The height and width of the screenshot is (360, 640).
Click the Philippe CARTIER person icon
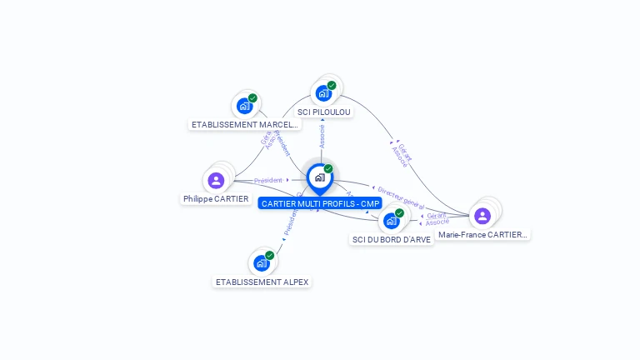tap(216, 180)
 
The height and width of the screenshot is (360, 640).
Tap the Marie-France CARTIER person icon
tap(482, 216)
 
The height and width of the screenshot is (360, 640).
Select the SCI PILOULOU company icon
tap(323, 93)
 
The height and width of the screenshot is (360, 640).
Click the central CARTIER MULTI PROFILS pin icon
tap(319, 177)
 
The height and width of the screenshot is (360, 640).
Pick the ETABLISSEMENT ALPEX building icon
tap(262, 263)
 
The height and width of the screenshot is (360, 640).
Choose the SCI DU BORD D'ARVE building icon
tap(391, 221)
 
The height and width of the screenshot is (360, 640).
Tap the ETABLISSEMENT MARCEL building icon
tap(244, 106)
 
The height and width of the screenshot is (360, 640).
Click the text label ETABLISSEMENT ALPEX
tap(262, 282)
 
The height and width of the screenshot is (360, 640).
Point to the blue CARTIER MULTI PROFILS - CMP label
tap(319, 203)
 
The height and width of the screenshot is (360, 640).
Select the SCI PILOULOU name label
tap(324, 112)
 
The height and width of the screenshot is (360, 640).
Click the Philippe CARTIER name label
tap(216, 199)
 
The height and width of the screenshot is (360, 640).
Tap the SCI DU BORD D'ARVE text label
tap(391, 239)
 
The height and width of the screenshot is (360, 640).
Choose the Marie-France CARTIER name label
tap(482, 235)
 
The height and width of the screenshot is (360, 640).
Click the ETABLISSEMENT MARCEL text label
tap(244, 125)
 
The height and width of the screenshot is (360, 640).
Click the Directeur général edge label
tap(400, 198)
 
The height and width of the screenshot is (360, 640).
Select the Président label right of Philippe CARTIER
tap(268, 180)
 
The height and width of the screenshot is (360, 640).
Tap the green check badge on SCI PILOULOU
tap(332, 85)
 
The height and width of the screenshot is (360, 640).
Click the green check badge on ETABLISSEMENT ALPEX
tap(270, 255)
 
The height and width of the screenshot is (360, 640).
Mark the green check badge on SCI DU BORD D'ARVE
tap(399, 212)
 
